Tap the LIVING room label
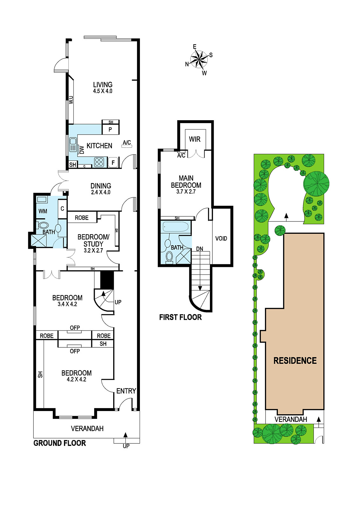(x=103, y=85)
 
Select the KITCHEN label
(x=100, y=146)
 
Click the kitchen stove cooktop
(x=99, y=162)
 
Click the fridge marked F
(x=113, y=162)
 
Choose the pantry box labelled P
(x=110, y=129)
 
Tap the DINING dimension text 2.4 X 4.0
(x=100, y=192)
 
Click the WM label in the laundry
(x=43, y=211)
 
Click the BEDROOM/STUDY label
(x=93, y=241)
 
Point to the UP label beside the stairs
(x=118, y=302)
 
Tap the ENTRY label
(x=126, y=391)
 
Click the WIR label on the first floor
(x=195, y=139)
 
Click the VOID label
(x=221, y=238)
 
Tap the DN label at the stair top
(x=200, y=249)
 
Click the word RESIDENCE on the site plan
(x=295, y=361)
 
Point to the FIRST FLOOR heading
(x=180, y=317)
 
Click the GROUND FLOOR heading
(x=59, y=443)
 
